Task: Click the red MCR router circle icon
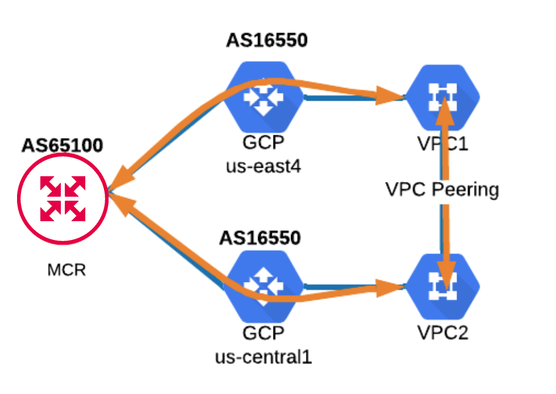pos(63,198)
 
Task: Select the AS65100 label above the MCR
pos(63,146)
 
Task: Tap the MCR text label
pos(67,269)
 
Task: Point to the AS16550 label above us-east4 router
pos(267,41)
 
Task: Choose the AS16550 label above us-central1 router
pos(260,238)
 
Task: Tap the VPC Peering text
pos(442,189)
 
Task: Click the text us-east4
pos(263,168)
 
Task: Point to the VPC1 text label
pos(442,144)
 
